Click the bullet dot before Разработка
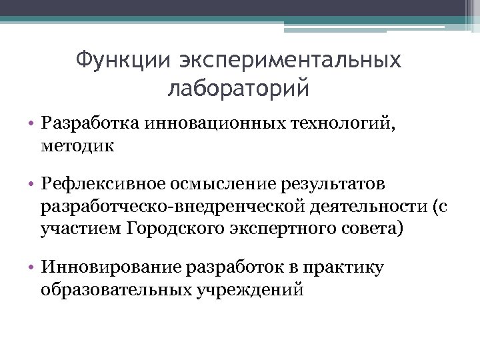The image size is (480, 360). point(33,123)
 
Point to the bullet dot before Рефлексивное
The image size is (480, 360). point(33,182)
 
